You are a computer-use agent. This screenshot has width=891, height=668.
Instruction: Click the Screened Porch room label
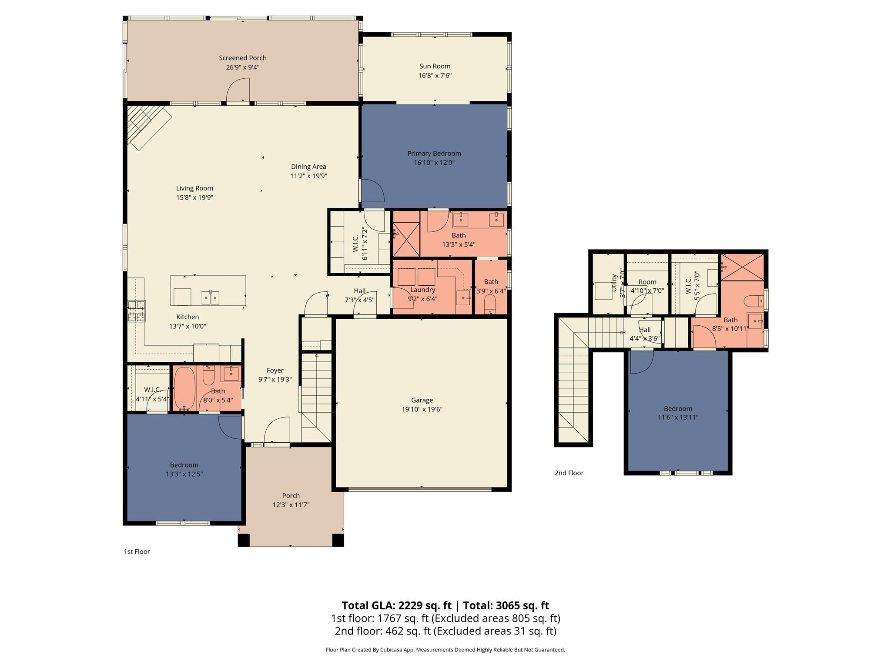pos(242,58)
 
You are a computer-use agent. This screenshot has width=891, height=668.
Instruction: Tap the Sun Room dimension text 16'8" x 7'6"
pos(435,76)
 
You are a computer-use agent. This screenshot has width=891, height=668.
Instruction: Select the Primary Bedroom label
pos(434,154)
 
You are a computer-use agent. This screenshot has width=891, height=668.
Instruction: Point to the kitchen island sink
pos(211,297)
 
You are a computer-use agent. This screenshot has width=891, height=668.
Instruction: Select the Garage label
pos(422,400)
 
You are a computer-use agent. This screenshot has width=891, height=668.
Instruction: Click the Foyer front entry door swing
pos(277,431)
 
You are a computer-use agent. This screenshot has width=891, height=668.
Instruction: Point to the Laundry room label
pos(422,290)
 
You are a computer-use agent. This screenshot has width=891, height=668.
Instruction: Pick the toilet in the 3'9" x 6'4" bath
pos(490,304)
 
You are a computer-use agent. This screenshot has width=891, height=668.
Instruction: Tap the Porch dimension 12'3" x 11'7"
pos(291,505)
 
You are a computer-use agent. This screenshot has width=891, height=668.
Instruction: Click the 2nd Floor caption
pos(569,473)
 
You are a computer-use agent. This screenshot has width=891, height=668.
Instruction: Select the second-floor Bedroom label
pos(677,408)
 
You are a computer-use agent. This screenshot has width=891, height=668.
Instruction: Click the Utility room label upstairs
pos(614,283)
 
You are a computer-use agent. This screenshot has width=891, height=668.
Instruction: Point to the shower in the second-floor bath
pos(743,267)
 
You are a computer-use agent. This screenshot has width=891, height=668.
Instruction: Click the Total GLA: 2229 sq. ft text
pos(396,605)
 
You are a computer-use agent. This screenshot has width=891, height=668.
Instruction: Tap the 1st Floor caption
pos(137,551)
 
